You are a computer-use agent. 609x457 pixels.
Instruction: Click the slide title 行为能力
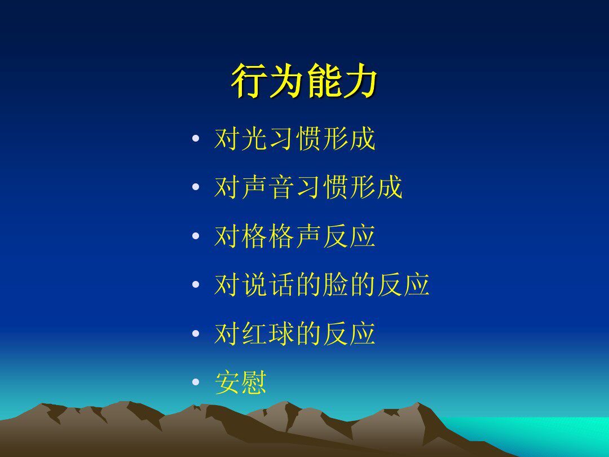point(304,81)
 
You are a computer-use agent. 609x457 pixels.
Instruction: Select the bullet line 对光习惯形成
point(295,138)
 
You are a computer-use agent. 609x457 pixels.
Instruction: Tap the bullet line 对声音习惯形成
point(308,187)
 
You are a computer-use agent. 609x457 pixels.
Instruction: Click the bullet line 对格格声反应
point(295,236)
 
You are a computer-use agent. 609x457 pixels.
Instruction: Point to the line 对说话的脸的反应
point(322,284)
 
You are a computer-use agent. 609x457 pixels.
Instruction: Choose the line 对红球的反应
point(295,333)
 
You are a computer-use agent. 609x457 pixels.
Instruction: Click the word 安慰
point(241,382)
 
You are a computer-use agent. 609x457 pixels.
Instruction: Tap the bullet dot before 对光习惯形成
point(196,138)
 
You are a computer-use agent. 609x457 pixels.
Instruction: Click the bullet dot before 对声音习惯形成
point(196,187)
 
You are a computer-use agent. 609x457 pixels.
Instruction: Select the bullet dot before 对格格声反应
point(196,236)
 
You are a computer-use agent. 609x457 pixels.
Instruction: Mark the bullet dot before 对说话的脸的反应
point(196,284)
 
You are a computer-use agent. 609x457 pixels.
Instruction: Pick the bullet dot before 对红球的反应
point(196,333)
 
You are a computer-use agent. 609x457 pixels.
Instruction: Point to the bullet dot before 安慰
point(196,382)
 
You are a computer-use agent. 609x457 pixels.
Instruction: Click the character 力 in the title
point(360,81)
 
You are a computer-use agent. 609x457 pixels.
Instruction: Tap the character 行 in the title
point(249,81)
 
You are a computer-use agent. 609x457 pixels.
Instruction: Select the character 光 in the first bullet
point(254,138)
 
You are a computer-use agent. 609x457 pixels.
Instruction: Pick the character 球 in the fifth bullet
point(281,333)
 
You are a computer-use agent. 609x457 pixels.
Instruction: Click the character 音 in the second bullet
point(281,187)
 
